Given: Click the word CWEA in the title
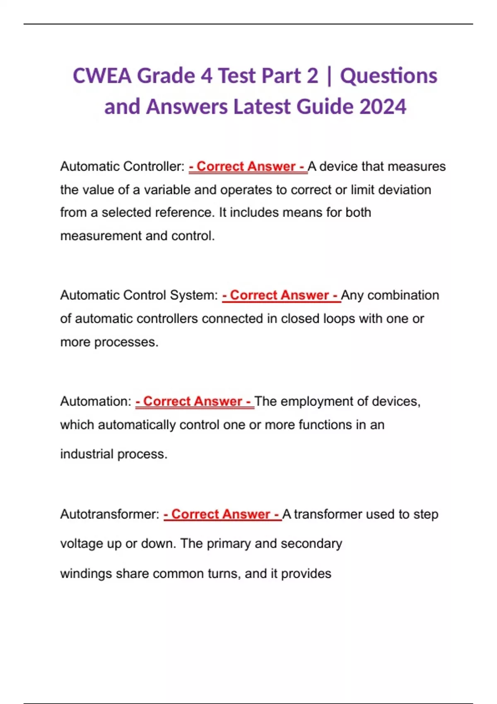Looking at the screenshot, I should [102, 76].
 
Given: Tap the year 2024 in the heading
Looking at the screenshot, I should [383, 106].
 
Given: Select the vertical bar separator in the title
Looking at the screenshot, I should [329, 77].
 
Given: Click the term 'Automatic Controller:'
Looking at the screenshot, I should [122, 166].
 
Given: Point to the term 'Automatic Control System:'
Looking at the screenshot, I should [139, 295].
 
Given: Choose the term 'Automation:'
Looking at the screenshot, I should [96, 401].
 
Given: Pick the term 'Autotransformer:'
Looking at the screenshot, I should [110, 514].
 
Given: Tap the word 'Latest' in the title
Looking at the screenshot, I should [263, 106].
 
